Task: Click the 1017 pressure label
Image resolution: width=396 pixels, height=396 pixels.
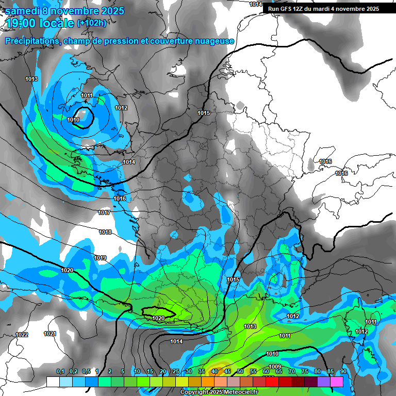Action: pos(104,212)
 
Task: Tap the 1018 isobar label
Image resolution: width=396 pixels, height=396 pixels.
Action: pos(105,232)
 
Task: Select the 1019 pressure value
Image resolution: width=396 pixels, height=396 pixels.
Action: pos(100,258)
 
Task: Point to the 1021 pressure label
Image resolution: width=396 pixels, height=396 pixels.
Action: pos(49,334)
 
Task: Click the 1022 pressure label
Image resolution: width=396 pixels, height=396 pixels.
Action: pos(22,335)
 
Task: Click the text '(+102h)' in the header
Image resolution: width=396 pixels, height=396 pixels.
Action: pos(92,23)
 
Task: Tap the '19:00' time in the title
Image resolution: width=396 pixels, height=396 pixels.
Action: pos(22,23)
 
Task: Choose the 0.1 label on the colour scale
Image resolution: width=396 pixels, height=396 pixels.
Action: pos(60,371)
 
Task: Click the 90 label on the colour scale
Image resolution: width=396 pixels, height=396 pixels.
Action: pos(343,371)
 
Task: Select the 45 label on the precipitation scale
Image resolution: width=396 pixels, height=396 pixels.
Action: pos(227,371)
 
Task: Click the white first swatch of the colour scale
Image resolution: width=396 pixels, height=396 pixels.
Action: pos(53,381)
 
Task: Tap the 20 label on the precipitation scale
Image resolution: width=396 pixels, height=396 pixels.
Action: pos(163,371)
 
